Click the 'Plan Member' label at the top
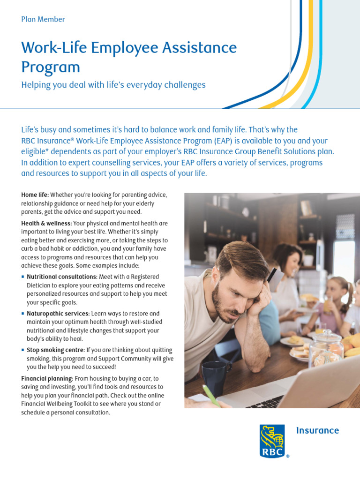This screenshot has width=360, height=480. (43, 19)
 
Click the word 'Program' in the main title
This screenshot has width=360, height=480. (51, 67)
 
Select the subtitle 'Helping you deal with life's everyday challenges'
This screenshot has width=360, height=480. (113, 85)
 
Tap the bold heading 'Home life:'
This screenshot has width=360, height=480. (35, 195)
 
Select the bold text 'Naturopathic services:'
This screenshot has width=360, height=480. (58, 314)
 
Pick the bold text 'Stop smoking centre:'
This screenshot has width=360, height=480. (56, 350)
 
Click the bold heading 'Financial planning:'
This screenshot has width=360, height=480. (47, 378)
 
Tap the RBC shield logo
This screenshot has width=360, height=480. (272, 441)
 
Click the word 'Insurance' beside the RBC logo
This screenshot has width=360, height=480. (317, 430)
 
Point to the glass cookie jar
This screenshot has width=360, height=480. (326, 347)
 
